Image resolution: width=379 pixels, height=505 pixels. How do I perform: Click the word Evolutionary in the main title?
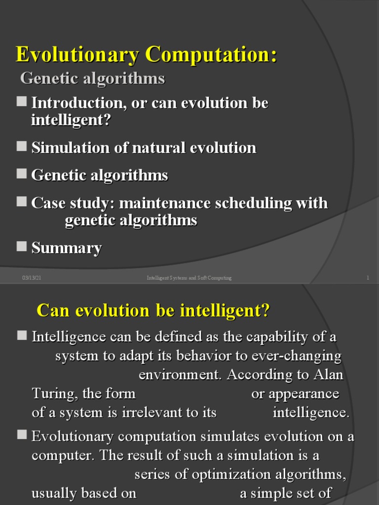(77, 54)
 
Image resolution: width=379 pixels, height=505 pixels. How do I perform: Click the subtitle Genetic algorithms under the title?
(92, 78)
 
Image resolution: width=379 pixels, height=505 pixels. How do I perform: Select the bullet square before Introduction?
(21, 102)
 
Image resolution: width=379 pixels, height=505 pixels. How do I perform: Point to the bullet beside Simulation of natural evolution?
(21, 146)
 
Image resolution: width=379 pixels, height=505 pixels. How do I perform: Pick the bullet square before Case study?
(21, 202)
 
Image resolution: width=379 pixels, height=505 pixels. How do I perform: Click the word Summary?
(67, 248)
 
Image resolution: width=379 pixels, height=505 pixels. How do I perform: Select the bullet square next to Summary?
(21, 246)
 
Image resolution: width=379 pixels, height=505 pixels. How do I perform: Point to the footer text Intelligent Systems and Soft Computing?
(189, 278)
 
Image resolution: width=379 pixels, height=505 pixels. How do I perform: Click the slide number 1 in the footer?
(368, 278)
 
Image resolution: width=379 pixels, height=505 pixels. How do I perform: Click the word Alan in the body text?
(328, 374)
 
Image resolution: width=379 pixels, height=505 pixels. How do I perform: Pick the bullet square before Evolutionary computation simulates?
(21, 434)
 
